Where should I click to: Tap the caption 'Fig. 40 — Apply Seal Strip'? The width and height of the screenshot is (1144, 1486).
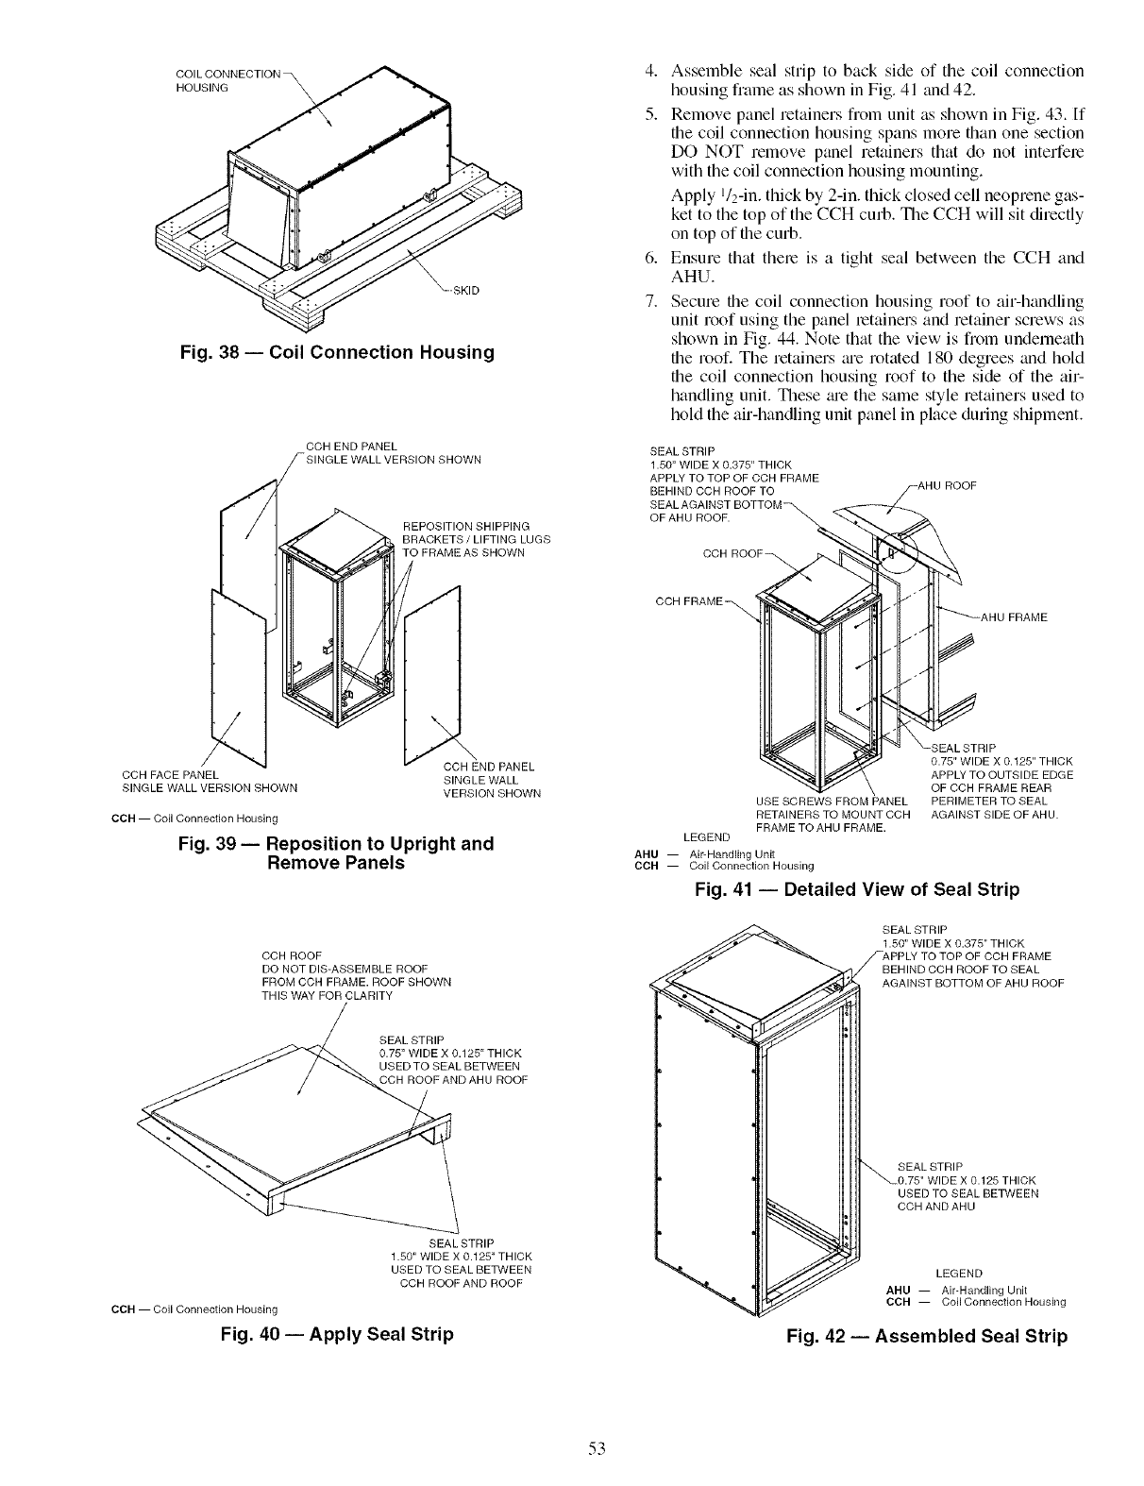[336, 1334]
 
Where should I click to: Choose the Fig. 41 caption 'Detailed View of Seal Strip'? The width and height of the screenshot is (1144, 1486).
[855, 889]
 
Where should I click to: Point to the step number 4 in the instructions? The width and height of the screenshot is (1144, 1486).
[651, 72]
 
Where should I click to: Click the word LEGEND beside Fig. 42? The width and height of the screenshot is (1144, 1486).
[959, 1274]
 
